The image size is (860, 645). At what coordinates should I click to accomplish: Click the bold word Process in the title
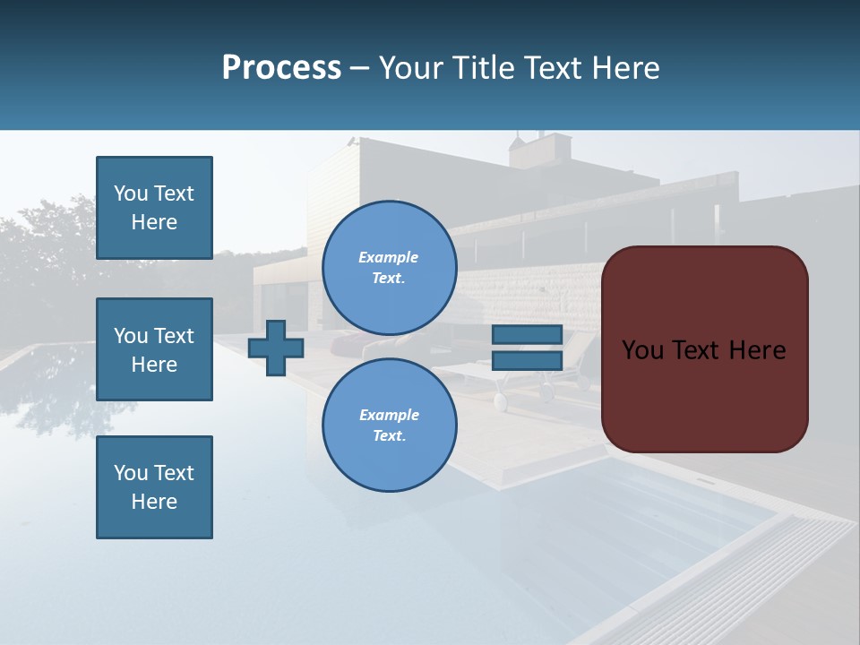[281, 68]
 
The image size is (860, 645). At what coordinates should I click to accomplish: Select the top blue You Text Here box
[154, 208]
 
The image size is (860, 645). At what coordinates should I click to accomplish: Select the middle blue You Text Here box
[154, 349]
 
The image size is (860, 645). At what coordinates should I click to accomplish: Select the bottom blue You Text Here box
[154, 487]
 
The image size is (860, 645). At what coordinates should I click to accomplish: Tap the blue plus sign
[276, 348]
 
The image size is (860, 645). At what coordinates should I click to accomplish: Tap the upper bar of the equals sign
[527, 334]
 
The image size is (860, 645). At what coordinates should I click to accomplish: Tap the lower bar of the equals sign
[527, 360]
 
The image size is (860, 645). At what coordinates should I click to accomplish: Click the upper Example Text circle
[389, 267]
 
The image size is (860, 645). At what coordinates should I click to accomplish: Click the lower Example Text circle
[389, 425]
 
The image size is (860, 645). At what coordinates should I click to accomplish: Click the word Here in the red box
[757, 350]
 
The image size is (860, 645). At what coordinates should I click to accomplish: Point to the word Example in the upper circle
[388, 257]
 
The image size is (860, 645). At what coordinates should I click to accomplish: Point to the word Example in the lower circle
[388, 415]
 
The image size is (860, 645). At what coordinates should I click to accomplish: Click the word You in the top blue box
[131, 193]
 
